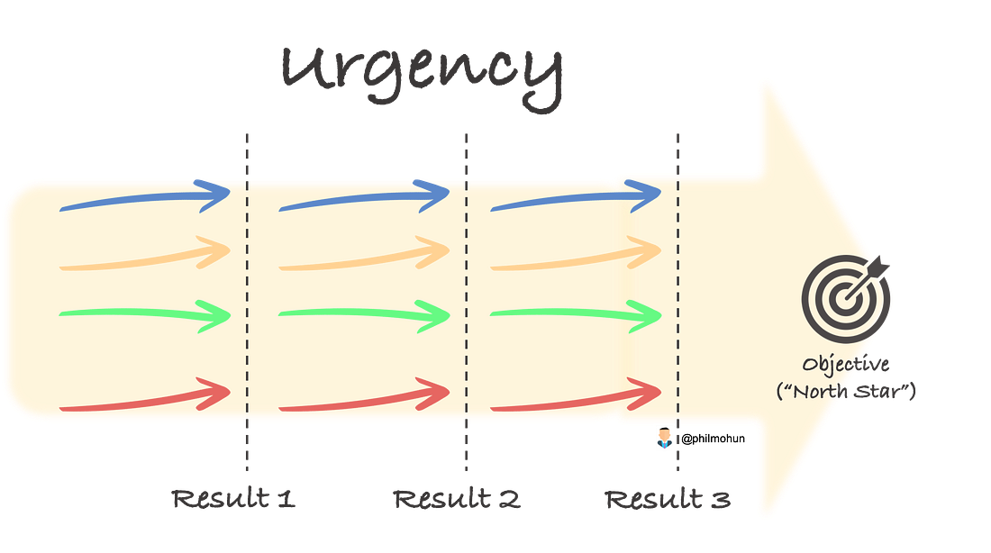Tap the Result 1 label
pos(233,499)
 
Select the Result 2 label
pos(457,499)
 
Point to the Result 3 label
pos(668,499)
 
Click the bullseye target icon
pos(846,298)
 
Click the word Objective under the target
pos(846,364)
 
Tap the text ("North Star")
pos(846,391)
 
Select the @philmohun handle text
pos(713,439)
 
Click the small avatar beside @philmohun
pos(664,438)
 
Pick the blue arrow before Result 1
pos(145,198)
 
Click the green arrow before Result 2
pos(365,313)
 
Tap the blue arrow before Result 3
pos(577,198)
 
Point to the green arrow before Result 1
pos(145,313)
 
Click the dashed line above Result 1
pos(247,302)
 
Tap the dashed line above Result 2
pos(467,302)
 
